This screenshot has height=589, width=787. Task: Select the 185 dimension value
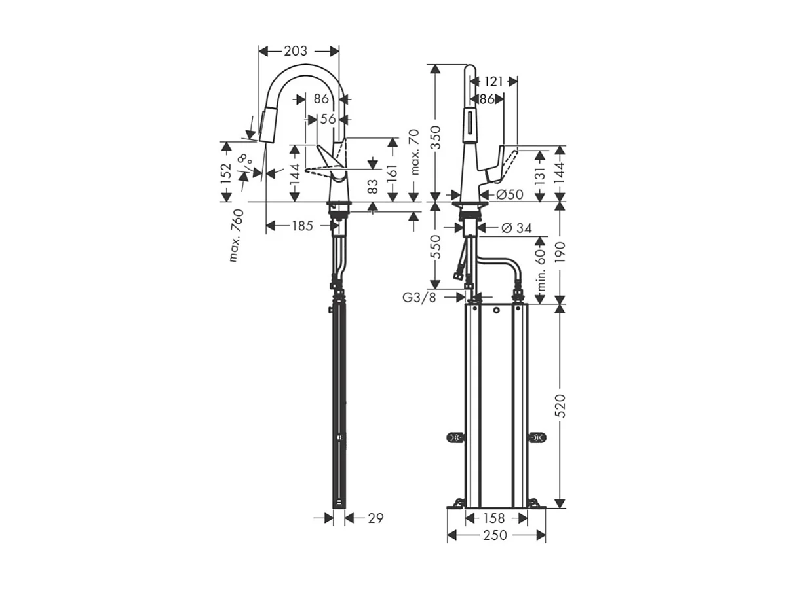[x=302, y=226]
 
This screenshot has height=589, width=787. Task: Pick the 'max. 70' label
[x=414, y=152]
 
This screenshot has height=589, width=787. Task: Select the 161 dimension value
[x=393, y=174]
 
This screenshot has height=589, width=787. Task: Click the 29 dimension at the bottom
[x=375, y=518]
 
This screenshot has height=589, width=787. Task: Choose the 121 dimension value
[x=494, y=81]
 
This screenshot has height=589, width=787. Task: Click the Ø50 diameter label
[x=509, y=194]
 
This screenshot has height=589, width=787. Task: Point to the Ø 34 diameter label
[x=516, y=228]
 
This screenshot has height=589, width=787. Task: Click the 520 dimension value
[x=560, y=406]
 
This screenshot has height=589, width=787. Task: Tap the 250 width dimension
[x=495, y=535]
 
